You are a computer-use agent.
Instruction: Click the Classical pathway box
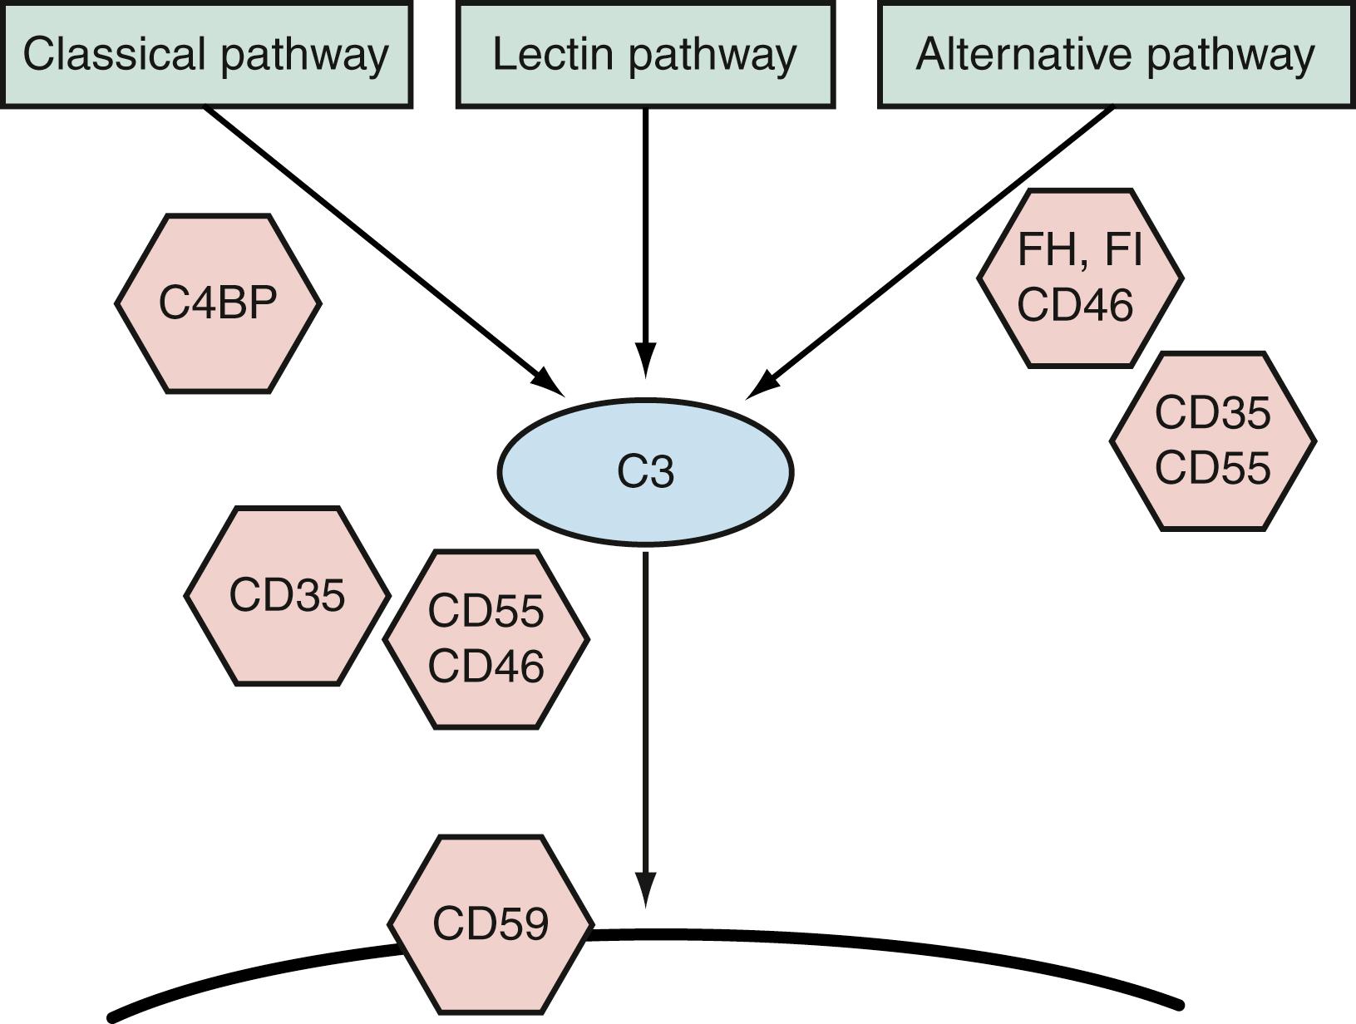206,55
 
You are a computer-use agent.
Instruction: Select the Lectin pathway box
645,55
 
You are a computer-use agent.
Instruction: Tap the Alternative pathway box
1115,55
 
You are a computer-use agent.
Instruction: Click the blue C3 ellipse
645,472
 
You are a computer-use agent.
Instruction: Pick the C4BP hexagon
218,303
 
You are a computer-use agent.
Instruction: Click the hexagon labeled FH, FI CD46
1079,278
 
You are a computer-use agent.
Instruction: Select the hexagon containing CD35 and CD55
1212,441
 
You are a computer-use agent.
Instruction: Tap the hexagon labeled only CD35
287,596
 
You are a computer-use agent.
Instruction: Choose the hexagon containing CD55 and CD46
486,639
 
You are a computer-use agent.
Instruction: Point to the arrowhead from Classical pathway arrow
550,385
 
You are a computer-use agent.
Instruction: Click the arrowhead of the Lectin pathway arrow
645,363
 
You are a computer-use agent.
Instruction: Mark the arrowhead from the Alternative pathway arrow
761,387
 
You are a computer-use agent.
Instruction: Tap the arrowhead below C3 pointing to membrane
645,891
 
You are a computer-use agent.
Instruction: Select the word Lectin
552,55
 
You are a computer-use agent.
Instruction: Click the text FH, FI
1079,249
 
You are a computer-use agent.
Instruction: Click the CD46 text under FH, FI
1075,305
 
